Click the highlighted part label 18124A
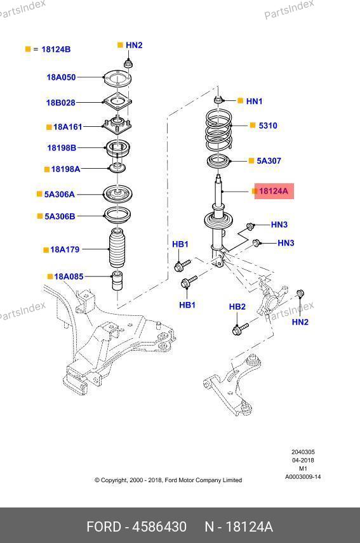pos(274,191)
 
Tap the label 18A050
pos(61,77)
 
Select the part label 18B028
pos(61,103)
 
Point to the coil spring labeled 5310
pos(218,130)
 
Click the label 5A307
pos(269,160)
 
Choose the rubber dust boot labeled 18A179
pos(117,247)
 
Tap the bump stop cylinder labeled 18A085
pos(117,280)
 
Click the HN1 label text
pos(255,101)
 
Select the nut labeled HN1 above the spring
pos(218,100)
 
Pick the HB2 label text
pos(237,306)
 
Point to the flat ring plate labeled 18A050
pos(117,79)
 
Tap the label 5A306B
pos(60,216)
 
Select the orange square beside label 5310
pos(253,125)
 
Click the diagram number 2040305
pos(303,452)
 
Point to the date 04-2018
pos(303,461)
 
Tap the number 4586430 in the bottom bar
pos(160,527)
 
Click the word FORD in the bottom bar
pos(103,527)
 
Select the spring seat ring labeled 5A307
pos(218,162)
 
